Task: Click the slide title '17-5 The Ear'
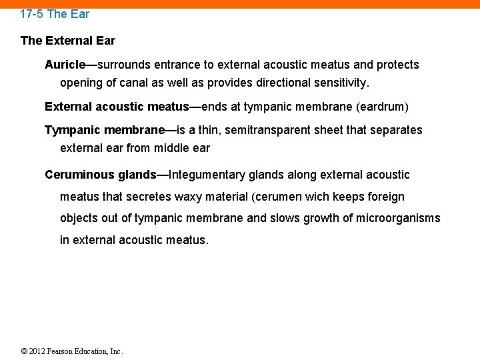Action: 55,13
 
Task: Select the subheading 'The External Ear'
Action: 68,41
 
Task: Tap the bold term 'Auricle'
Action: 65,65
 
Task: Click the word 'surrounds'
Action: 124,65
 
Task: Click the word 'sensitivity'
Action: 341,83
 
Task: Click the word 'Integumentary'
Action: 207,175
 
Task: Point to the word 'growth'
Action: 320,218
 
